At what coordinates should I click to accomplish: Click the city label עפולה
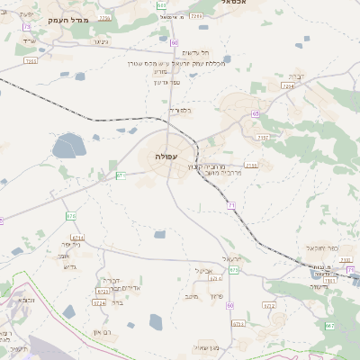tap(166, 157)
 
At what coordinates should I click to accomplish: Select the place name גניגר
tap(100, 41)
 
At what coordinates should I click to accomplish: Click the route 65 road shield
tap(256, 113)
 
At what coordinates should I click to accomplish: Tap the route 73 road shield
tap(27, 27)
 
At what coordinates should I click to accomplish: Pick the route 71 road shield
tap(231, 206)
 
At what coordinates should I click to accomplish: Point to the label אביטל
tap(203, 270)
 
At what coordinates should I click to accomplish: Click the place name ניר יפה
tap(72, 244)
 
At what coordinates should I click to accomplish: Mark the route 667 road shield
tap(329, 325)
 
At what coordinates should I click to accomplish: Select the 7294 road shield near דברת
tap(287, 85)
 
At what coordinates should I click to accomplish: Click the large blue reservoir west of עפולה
tap(68, 145)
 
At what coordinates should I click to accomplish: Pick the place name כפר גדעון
tap(167, 82)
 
